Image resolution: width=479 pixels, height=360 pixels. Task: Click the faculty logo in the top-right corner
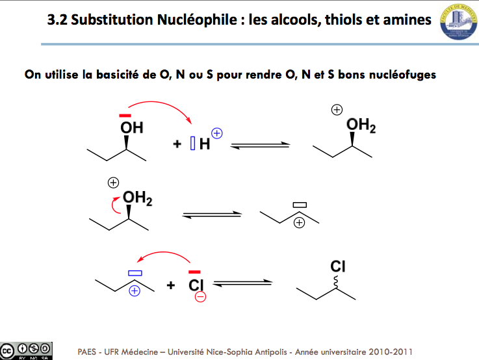click(x=459, y=21)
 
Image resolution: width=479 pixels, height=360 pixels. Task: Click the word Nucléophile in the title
click(x=197, y=20)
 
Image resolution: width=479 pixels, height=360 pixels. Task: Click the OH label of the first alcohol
click(x=132, y=127)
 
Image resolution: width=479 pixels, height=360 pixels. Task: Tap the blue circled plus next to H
click(x=217, y=133)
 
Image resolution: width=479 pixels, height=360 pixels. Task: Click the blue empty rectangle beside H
click(x=193, y=143)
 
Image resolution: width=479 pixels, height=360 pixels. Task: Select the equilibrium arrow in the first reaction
click(x=260, y=146)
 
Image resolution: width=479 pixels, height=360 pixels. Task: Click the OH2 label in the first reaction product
click(x=361, y=125)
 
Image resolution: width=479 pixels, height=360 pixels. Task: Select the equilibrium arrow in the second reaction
click(x=212, y=215)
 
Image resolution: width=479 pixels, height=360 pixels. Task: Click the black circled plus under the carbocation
click(x=299, y=223)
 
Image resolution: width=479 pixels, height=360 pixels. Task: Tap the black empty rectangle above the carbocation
click(x=300, y=205)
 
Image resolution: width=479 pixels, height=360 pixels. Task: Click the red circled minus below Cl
click(x=200, y=296)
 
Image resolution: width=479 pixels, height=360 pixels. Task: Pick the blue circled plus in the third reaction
click(x=135, y=290)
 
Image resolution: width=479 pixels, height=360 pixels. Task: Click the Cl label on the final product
click(x=338, y=266)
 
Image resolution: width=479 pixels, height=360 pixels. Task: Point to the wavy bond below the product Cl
click(x=336, y=281)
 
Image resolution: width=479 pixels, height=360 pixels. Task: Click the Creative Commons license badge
click(x=26, y=351)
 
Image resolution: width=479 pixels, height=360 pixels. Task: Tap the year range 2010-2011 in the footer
click(x=391, y=352)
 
